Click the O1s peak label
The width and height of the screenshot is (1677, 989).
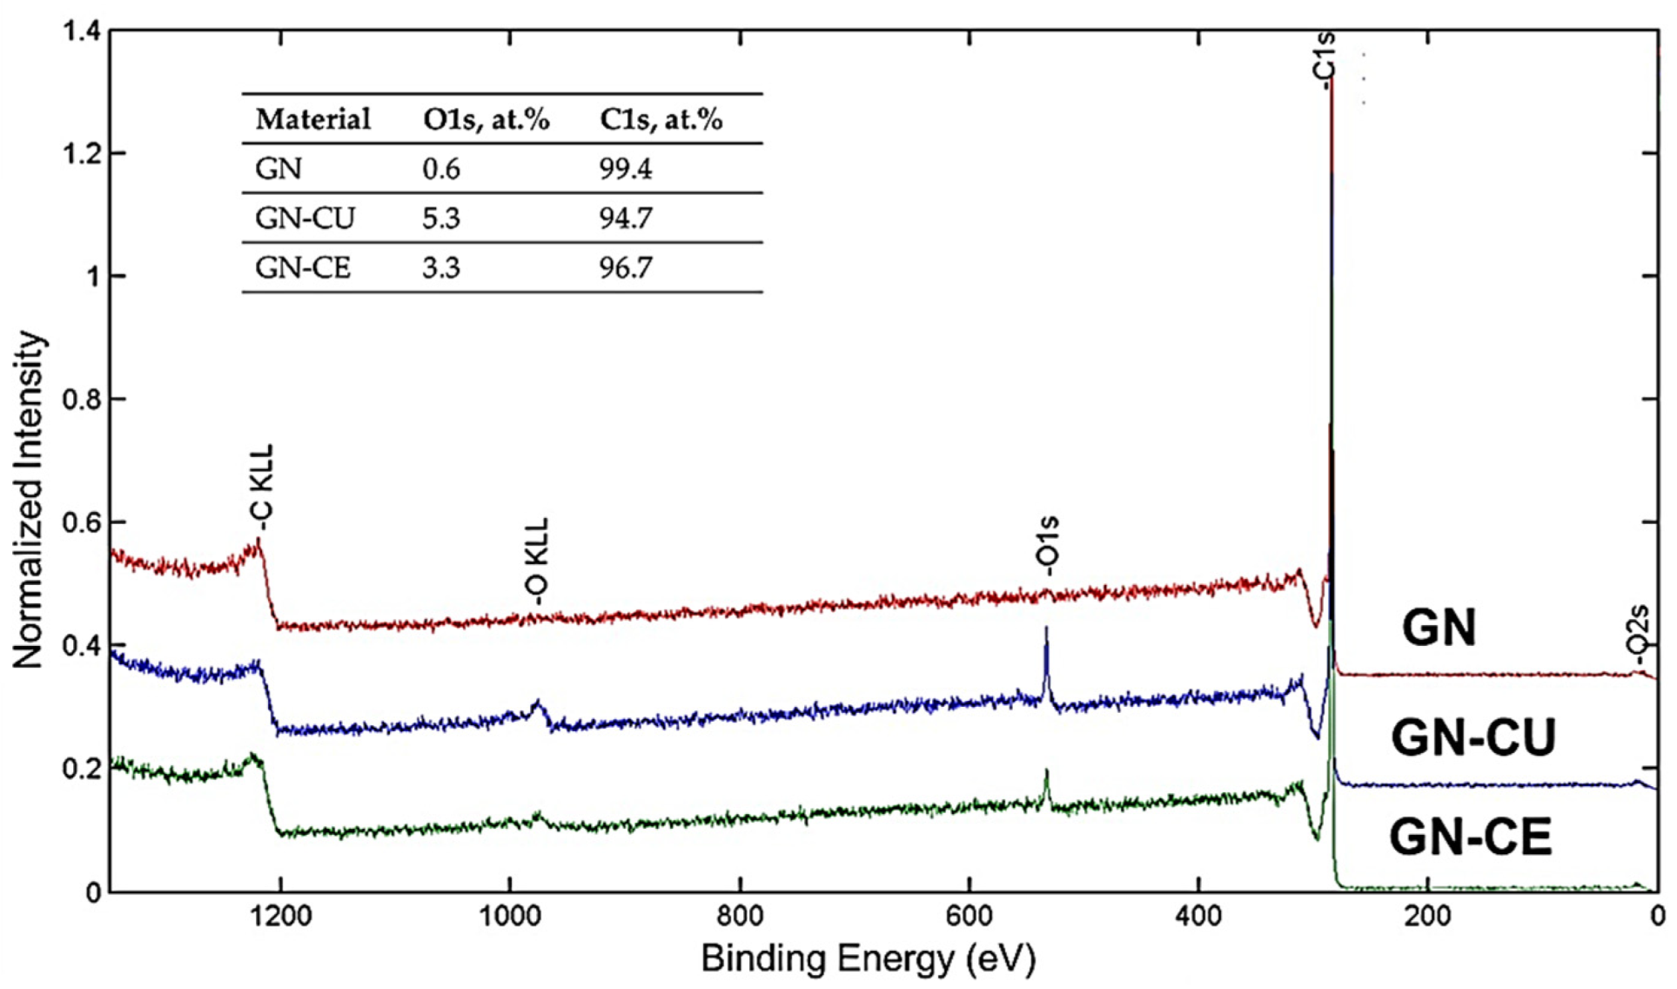tap(1049, 545)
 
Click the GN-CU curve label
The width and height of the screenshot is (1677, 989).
tap(1472, 737)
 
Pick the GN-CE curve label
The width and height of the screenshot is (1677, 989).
tap(1470, 837)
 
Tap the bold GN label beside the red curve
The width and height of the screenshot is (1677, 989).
tap(1439, 627)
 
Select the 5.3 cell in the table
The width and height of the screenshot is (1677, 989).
tap(441, 218)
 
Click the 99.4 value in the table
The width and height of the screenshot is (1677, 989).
tap(625, 168)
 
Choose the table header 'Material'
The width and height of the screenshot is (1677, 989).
tap(312, 118)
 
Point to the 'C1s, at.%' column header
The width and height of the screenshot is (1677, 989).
tap(661, 118)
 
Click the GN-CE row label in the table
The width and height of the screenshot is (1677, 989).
tap(302, 267)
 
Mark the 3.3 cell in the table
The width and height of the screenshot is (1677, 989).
tap(441, 267)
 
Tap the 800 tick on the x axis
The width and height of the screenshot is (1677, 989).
tap(740, 917)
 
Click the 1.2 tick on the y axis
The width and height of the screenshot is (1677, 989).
tap(82, 153)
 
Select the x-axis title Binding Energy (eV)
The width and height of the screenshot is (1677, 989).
tap(868, 959)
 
